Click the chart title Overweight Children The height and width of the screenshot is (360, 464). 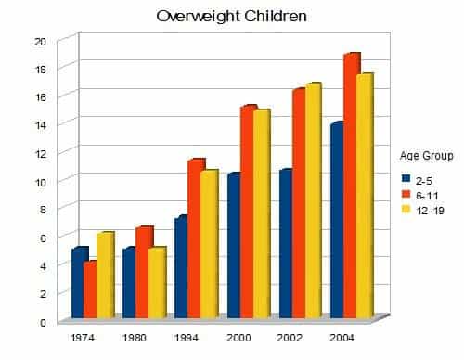[231, 17]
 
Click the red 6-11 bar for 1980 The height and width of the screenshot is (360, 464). [142, 273]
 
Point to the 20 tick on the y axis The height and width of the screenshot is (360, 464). [39, 42]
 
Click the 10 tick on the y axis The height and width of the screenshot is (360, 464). [39, 182]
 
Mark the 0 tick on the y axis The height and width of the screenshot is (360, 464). [42, 323]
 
